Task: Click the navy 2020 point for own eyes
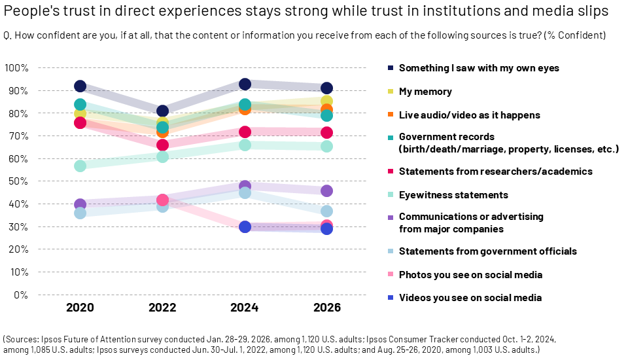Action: [80, 86]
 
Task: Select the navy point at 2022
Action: [162, 111]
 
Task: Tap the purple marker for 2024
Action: [245, 187]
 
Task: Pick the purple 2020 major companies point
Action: [80, 205]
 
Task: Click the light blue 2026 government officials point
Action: [326, 211]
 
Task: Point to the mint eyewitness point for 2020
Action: [80, 166]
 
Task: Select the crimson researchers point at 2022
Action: [162, 145]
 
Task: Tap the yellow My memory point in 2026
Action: [326, 101]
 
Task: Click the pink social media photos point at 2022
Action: [162, 200]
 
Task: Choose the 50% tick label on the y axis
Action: [18, 181]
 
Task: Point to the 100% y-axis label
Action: [16, 68]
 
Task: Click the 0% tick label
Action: [20, 295]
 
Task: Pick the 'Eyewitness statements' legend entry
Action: [453, 195]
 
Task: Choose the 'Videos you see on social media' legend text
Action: [470, 298]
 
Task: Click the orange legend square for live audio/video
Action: [391, 115]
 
